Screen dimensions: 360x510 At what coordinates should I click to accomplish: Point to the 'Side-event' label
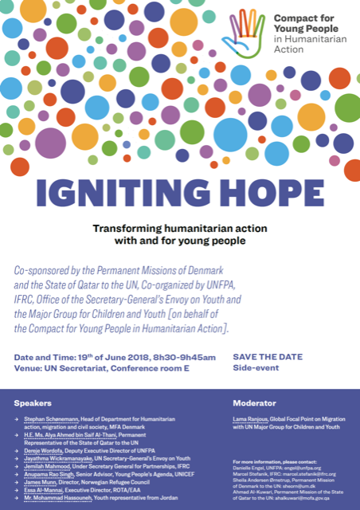[252, 347]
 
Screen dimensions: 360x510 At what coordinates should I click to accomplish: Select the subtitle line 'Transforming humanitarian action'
[179, 227]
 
